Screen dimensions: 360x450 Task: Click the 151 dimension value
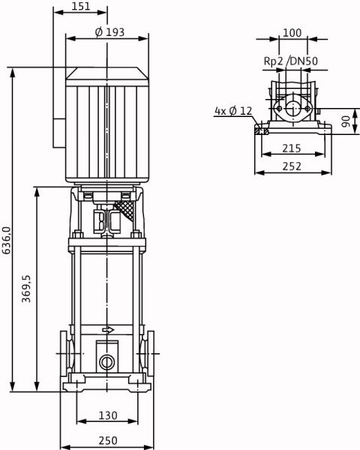[81, 6]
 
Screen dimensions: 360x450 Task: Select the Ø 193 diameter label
[109, 32]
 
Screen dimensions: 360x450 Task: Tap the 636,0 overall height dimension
[7, 240]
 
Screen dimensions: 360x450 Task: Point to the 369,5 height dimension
[26, 289]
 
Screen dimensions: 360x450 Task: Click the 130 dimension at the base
[108, 415]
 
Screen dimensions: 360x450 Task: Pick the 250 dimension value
[108, 440]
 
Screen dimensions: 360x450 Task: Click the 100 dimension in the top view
[292, 33]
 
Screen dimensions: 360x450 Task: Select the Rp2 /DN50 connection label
[290, 61]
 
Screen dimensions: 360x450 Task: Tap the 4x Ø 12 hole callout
[233, 110]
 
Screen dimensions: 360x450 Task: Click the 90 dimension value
[346, 121]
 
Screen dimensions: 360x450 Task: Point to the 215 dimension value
[292, 148]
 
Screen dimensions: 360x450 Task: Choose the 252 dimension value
[292, 166]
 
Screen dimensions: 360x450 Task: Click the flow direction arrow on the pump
[108, 330]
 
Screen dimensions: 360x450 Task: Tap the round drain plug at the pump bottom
[106, 362]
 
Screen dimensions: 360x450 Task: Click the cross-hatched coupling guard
[125, 210]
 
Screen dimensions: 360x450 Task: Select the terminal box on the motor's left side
[59, 133]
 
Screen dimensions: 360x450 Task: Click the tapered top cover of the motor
[107, 73]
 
